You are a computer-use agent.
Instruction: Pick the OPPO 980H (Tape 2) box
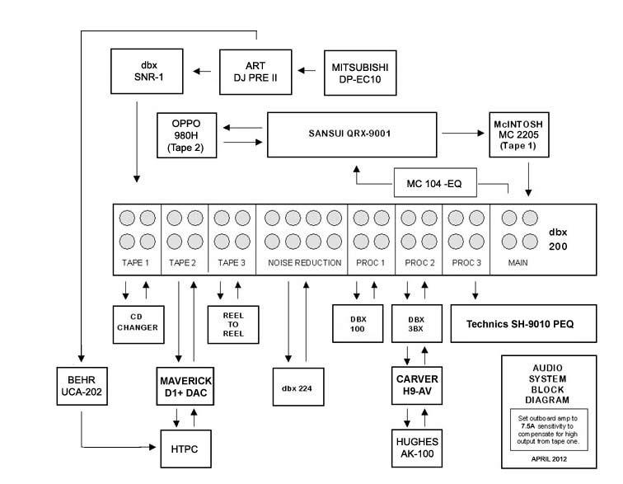coord(188,134)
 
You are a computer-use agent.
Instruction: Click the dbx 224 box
coord(297,385)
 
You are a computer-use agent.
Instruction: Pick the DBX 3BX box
coord(415,323)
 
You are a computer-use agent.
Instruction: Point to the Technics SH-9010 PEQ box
coord(522,323)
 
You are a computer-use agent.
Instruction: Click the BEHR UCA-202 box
coord(81,385)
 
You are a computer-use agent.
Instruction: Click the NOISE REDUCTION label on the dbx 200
coord(304,263)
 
